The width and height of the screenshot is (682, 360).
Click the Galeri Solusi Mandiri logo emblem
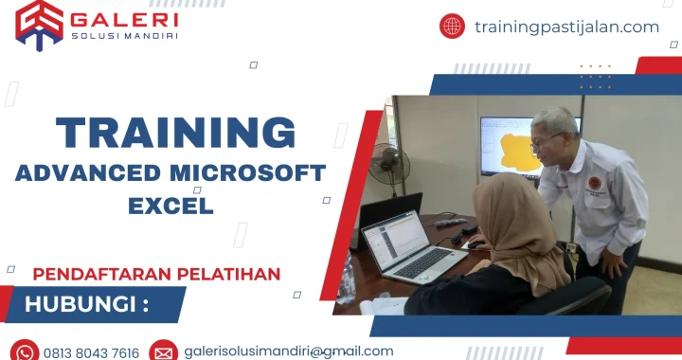tap(39, 24)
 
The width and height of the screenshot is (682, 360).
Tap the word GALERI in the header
tap(125, 18)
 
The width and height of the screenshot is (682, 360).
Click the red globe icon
tap(452, 27)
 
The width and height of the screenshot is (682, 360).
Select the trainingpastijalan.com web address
tap(566, 27)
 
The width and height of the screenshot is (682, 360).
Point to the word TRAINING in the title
tap(175, 133)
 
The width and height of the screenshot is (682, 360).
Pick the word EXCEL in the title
tap(171, 204)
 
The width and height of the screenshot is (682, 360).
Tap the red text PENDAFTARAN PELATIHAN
tap(156, 274)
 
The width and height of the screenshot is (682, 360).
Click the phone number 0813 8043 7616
tap(91, 352)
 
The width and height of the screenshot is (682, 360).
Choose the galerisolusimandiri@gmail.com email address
tap(289, 351)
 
